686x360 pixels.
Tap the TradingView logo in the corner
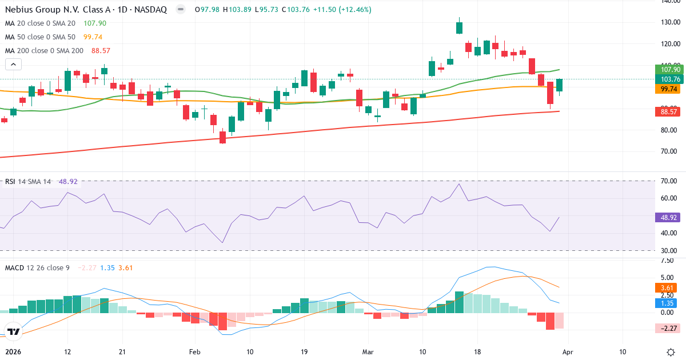[14, 331]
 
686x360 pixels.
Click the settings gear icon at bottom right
[670, 351]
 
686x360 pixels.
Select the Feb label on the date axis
[196, 351]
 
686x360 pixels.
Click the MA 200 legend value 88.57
[100, 51]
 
